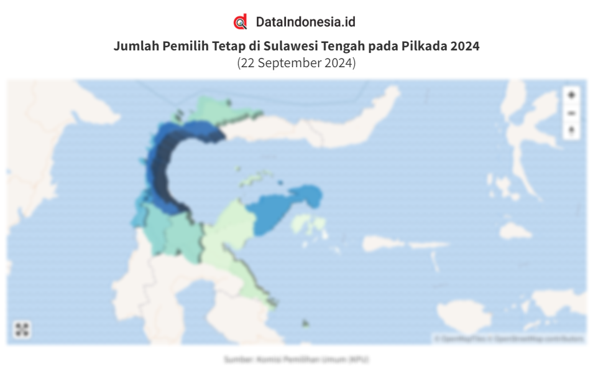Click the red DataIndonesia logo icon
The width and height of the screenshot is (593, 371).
[x=241, y=22]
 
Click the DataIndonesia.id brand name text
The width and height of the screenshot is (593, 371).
[x=306, y=22]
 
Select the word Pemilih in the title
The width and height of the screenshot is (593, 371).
[x=182, y=46]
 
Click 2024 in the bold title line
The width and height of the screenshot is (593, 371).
[x=466, y=46]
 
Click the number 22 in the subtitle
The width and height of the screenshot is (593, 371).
[x=247, y=63]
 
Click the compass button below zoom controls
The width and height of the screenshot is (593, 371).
[x=571, y=131]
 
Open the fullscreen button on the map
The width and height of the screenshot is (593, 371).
[x=22, y=329]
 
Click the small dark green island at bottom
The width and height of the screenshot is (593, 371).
[x=305, y=323]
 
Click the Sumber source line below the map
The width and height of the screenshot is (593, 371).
[x=296, y=359]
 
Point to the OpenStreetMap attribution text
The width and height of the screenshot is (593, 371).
[x=510, y=339]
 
